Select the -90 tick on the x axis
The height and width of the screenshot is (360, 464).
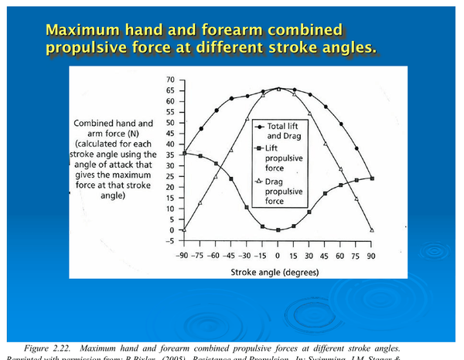[x=183, y=256]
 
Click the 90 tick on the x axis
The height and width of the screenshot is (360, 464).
[x=372, y=256]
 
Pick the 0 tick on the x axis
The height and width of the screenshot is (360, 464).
[x=278, y=256]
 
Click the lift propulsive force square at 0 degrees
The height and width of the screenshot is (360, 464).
[x=278, y=230]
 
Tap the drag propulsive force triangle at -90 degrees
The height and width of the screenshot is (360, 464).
[x=184, y=229]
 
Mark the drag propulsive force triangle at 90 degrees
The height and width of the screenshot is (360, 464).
[x=372, y=229]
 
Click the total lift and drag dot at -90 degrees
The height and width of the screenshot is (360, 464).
[x=184, y=152]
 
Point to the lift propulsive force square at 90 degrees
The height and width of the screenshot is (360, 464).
[x=372, y=178]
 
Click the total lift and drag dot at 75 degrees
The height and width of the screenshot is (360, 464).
[x=357, y=148]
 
